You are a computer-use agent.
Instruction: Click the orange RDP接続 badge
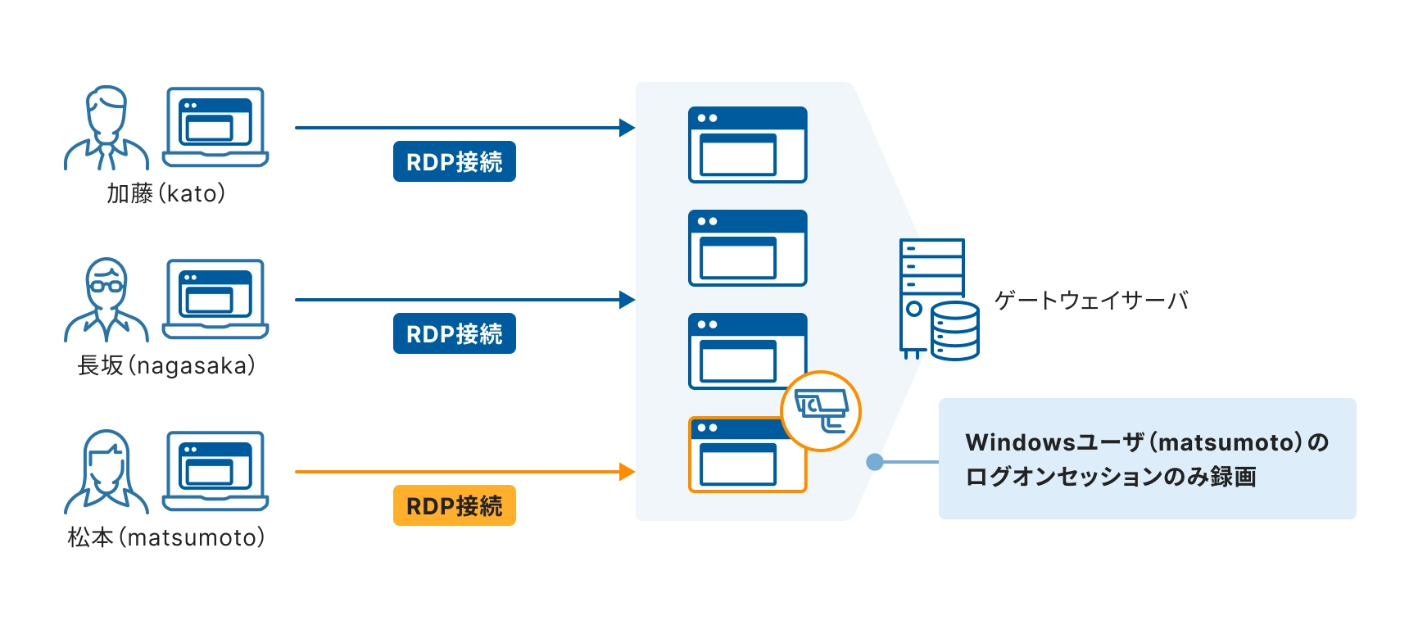tap(454, 505)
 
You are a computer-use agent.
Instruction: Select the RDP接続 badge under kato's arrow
tap(454, 161)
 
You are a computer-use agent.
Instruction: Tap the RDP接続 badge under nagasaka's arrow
tap(454, 333)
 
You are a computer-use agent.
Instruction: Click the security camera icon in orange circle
tap(820, 410)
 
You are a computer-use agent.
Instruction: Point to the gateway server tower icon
tap(933, 299)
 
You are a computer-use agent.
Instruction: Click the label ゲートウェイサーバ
tap(1090, 301)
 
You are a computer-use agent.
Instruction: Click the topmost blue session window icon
tap(747, 144)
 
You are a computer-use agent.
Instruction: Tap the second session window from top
tap(747, 247)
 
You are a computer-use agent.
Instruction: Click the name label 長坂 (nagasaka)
tap(166, 365)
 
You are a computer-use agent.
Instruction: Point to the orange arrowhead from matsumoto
tap(627, 472)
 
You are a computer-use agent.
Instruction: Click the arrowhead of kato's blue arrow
tap(627, 128)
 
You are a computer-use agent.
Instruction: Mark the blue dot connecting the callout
tap(875, 462)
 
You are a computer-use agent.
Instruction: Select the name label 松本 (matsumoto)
tap(166, 537)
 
